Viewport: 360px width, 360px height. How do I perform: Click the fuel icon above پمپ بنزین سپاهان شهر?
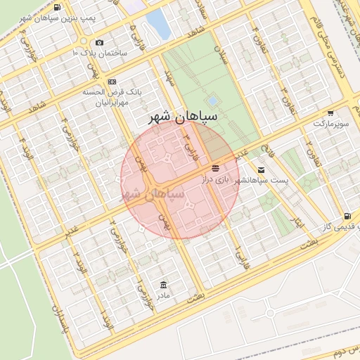56,8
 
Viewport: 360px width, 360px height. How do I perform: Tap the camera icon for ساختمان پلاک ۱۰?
98,43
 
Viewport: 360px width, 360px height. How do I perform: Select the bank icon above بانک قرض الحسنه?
112,82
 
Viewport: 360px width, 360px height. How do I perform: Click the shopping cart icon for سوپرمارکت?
330,113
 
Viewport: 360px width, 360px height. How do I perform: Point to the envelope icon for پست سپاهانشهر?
262,170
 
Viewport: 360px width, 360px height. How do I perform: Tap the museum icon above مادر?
164,284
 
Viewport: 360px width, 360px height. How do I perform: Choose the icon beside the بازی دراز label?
215,169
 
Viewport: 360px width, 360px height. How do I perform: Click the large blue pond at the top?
157,23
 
